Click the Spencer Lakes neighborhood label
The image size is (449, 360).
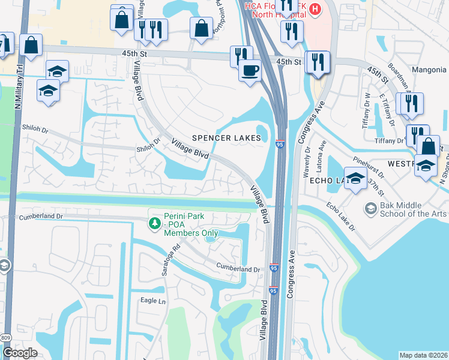(226, 138)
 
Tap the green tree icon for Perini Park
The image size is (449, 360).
(155, 223)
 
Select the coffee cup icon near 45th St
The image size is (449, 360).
(250, 70)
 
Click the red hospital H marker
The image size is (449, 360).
(315, 9)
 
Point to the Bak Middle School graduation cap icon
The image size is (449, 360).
(370, 208)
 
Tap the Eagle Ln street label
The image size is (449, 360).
(153, 301)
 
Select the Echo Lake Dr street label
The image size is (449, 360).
(340, 216)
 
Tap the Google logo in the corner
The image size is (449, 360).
(20, 352)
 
